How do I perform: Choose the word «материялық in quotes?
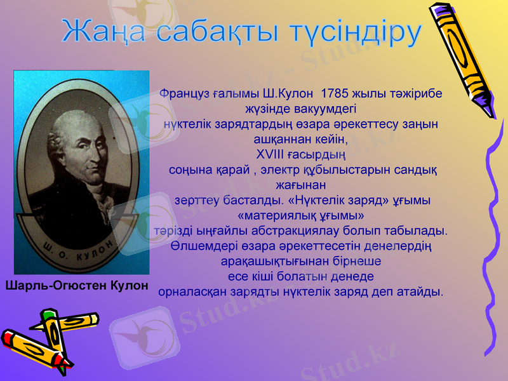click(274, 215)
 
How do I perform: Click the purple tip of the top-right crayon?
click(488, 112)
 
